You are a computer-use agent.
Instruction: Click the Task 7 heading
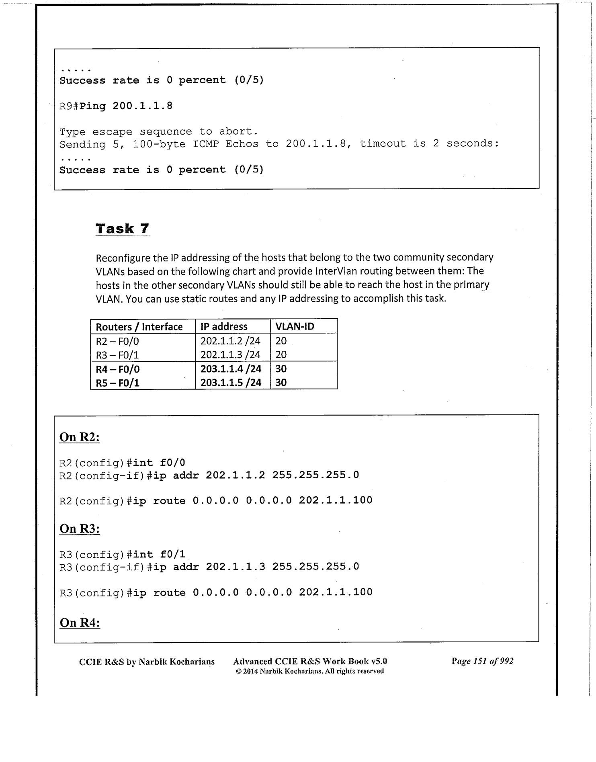coord(123,229)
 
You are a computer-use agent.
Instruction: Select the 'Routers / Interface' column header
coord(139,327)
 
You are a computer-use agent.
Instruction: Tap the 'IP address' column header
coord(224,327)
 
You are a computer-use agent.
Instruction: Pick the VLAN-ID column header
coord(295,327)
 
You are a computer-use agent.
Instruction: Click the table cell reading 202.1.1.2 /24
coord(231,341)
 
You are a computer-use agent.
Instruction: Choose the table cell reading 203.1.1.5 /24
coord(231,383)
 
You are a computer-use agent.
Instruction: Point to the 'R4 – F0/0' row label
coord(118,369)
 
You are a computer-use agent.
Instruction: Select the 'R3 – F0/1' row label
coord(117,355)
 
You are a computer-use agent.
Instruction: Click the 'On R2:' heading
coord(80,437)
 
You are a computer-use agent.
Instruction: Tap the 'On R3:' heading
coord(80,529)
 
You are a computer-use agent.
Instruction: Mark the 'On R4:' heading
coord(80,623)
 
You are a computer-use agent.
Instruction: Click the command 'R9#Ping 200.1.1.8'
coord(116,106)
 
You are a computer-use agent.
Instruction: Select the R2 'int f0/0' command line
coord(122,463)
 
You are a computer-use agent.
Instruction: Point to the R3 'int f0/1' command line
coord(122,555)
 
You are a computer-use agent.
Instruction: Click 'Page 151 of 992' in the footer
coord(482,661)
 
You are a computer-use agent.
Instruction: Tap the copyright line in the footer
coord(310,671)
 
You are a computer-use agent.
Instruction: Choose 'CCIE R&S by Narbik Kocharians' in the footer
coord(147,662)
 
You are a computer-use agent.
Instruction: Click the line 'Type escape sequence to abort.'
coord(158,132)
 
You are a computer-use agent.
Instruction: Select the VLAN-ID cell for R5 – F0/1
coord(281,383)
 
